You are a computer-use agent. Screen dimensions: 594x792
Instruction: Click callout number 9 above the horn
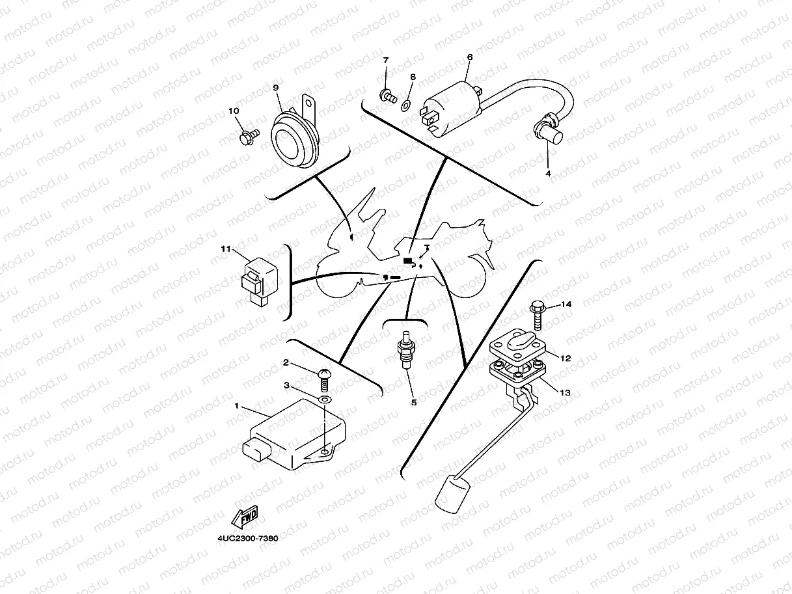275,87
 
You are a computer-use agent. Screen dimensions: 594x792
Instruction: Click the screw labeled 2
325,375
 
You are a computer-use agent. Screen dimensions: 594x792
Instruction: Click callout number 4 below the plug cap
547,174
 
